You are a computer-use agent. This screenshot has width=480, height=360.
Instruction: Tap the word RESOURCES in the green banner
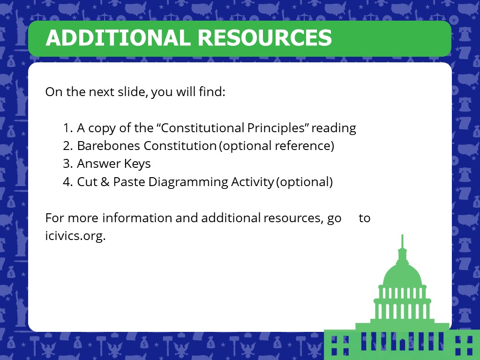[x=265, y=37]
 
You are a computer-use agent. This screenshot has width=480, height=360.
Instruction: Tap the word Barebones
[x=108, y=146]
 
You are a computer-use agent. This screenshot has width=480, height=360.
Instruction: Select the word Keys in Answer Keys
[x=137, y=164]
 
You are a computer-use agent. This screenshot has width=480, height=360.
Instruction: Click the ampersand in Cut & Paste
[x=105, y=182]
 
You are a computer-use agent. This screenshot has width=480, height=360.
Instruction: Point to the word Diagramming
[x=188, y=182]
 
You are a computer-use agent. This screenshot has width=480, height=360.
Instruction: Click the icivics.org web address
[x=75, y=236]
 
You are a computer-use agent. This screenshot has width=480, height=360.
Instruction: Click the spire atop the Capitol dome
[x=402, y=242]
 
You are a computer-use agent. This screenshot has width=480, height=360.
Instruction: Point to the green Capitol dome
[x=402, y=274]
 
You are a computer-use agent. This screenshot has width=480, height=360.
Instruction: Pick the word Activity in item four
[x=253, y=182]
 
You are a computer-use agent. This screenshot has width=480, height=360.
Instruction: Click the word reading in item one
[x=334, y=128]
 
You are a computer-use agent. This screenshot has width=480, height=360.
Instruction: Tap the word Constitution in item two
[x=180, y=146]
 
